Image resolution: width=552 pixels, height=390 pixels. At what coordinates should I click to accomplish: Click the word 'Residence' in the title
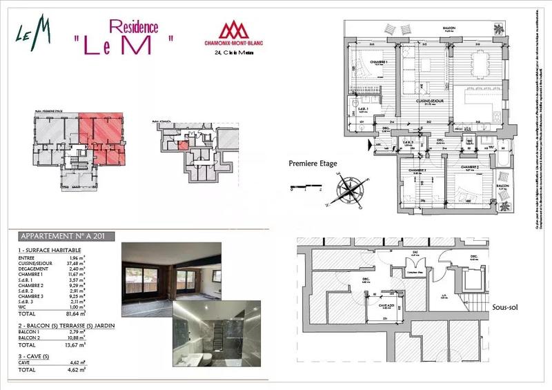(x=134, y=28)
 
